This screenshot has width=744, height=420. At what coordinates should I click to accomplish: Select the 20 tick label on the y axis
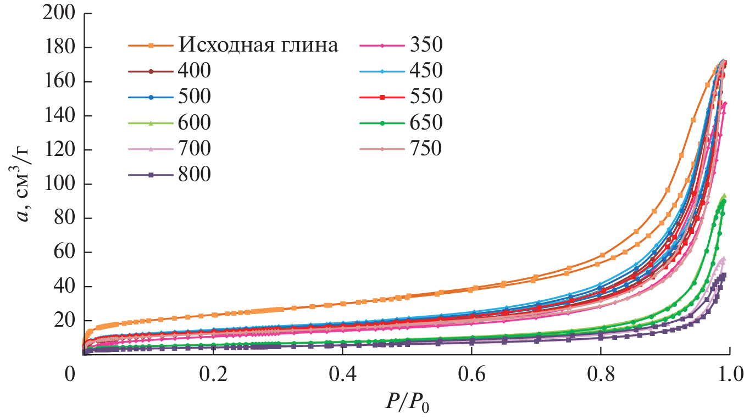[x=63, y=320]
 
